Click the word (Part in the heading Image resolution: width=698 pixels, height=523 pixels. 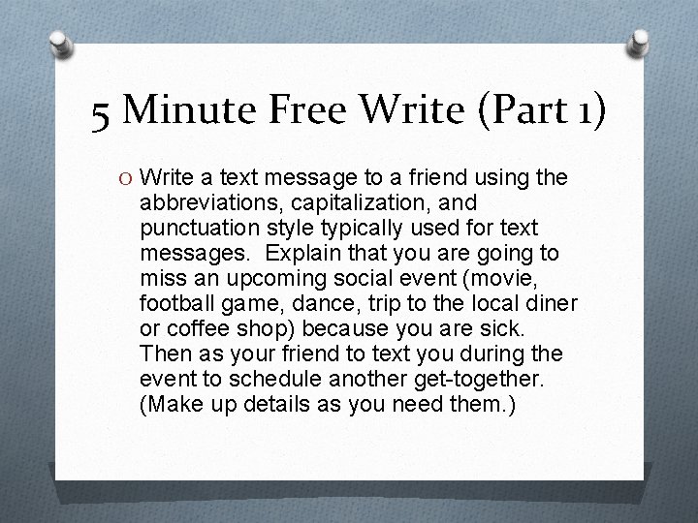coord(504,112)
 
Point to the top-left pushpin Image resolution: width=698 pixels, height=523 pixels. coord(57,44)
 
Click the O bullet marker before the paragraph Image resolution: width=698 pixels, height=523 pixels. coord(125,178)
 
